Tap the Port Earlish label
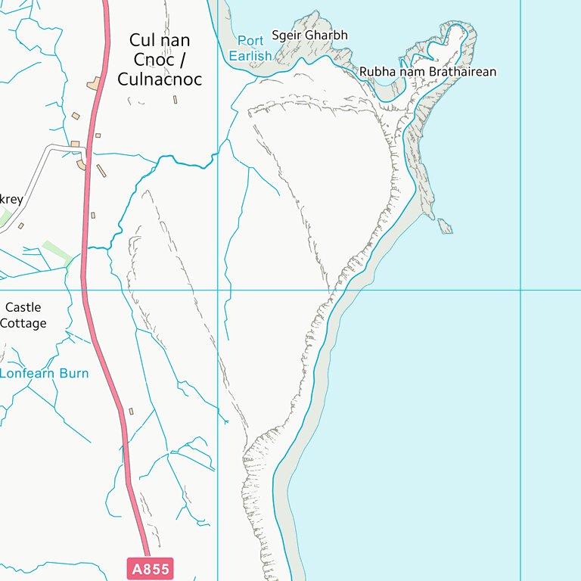tap(250, 48)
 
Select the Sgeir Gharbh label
tap(309, 36)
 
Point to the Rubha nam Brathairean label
tap(427, 72)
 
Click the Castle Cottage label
tap(23, 315)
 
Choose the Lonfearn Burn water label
tap(44, 373)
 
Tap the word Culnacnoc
tap(160, 79)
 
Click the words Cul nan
tap(160, 40)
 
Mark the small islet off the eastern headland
tap(445, 225)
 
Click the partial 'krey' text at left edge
tap(11, 200)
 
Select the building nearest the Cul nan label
tap(96, 84)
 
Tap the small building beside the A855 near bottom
tap(131, 412)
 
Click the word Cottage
tap(23, 324)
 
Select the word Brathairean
tap(462, 72)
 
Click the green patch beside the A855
tap(57, 252)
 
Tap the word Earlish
tap(250, 56)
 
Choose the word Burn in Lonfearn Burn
tap(73, 373)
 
